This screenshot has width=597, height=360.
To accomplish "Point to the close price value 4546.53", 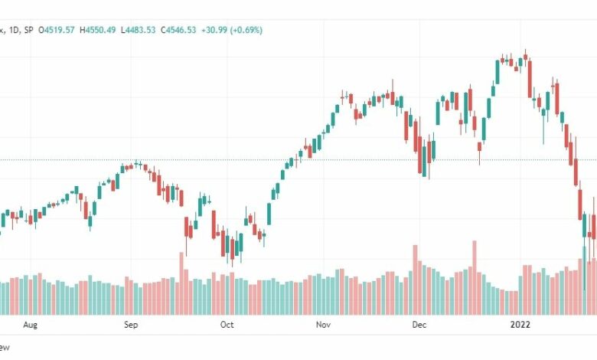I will [x=175, y=29].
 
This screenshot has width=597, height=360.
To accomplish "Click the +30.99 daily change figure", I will [x=213, y=29].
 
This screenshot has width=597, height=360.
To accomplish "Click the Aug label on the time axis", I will [x=30, y=325].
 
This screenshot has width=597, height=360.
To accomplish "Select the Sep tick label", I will [x=131, y=325].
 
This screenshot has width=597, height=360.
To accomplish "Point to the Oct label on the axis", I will [x=227, y=325].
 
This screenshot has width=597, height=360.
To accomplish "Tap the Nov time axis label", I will [x=322, y=325].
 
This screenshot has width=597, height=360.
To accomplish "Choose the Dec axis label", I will [x=419, y=325].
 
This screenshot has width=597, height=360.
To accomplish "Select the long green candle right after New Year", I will [x=497, y=72].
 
